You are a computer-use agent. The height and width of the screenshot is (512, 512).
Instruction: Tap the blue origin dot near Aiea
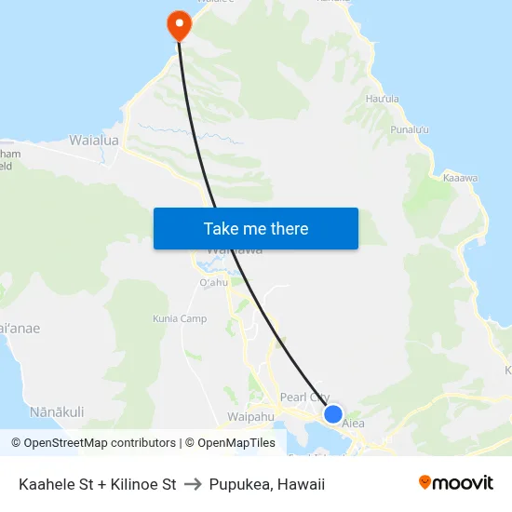click(332, 413)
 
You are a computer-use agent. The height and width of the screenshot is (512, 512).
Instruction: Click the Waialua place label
click(94, 141)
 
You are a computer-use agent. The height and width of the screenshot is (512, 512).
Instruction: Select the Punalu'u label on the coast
click(410, 129)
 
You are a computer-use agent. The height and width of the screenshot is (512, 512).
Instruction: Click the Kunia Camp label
click(180, 319)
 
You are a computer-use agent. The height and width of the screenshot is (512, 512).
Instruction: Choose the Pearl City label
click(304, 397)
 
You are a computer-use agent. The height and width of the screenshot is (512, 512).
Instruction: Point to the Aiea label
click(353, 424)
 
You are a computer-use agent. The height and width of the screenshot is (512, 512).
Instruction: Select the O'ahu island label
click(213, 283)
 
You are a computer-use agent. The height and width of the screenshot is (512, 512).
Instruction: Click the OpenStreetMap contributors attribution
click(94, 443)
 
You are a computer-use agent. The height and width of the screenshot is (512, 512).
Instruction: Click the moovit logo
click(455, 483)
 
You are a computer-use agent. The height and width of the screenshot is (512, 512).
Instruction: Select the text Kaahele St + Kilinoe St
click(98, 484)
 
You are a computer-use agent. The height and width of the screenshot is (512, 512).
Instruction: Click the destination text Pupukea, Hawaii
click(267, 484)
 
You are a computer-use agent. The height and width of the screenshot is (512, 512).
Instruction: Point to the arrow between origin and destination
click(193, 484)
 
